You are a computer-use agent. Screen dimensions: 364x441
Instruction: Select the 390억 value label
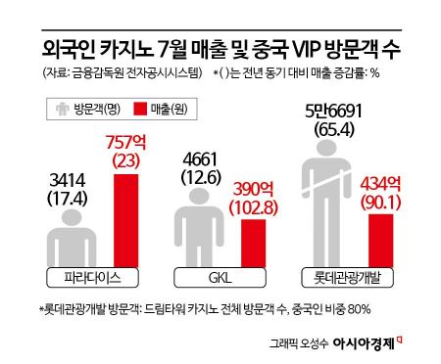pyautogui.click(x=252, y=189)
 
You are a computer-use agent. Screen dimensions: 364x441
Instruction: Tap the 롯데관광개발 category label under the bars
pyautogui.click(x=360, y=277)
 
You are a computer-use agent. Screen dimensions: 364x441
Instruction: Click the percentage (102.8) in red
pyautogui.click(x=253, y=207)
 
